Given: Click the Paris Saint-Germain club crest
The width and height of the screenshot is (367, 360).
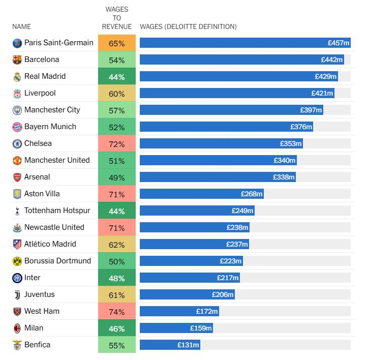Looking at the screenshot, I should pyautogui.click(x=17, y=43).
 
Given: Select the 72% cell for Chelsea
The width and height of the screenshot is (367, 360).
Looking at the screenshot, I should pyautogui.click(x=116, y=144).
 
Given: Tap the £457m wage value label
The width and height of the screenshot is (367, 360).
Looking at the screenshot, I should pyautogui.click(x=339, y=43).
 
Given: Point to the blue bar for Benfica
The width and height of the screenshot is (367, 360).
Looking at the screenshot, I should pyautogui.click(x=170, y=345).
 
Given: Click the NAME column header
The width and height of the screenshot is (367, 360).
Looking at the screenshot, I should pyautogui.click(x=21, y=26).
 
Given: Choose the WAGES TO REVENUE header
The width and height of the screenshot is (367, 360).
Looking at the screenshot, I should pyautogui.click(x=116, y=18).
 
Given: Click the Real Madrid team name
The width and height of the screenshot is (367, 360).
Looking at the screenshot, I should pyautogui.click(x=45, y=76).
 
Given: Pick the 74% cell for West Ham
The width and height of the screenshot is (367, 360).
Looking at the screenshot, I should pyautogui.click(x=116, y=311).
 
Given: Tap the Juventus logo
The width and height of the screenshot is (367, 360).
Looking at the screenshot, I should pyautogui.click(x=17, y=294).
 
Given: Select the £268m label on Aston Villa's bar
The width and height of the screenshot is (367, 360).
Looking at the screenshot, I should pyautogui.click(x=252, y=194).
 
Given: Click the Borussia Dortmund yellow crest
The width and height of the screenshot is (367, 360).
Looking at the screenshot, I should pyautogui.click(x=17, y=261).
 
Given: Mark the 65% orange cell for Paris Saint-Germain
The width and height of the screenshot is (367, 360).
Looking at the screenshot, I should pyautogui.click(x=116, y=43).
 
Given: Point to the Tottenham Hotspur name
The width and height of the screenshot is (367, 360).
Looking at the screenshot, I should pyautogui.click(x=57, y=211).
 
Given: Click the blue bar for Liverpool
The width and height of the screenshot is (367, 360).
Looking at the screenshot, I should pyautogui.click(x=237, y=94).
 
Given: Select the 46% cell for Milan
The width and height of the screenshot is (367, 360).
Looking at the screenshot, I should pyautogui.click(x=116, y=328).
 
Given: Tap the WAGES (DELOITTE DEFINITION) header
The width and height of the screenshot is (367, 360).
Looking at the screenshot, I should pyautogui.click(x=188, y=26).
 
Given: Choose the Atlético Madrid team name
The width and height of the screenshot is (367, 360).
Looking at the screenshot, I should pyautogui.click(x=50, y=244).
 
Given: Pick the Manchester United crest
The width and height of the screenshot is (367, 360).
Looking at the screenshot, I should pyautogui.click(x=17, y=161).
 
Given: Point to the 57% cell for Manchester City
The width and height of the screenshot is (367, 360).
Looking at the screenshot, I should pyautogui.click(x=116, y=110).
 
